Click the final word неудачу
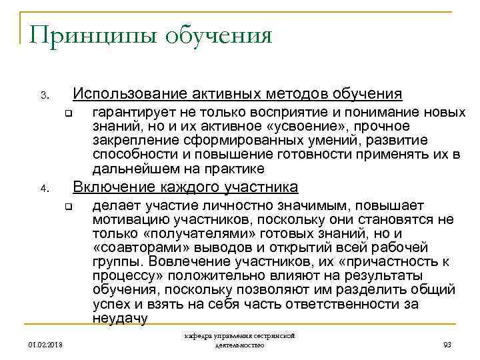(120, 318)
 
